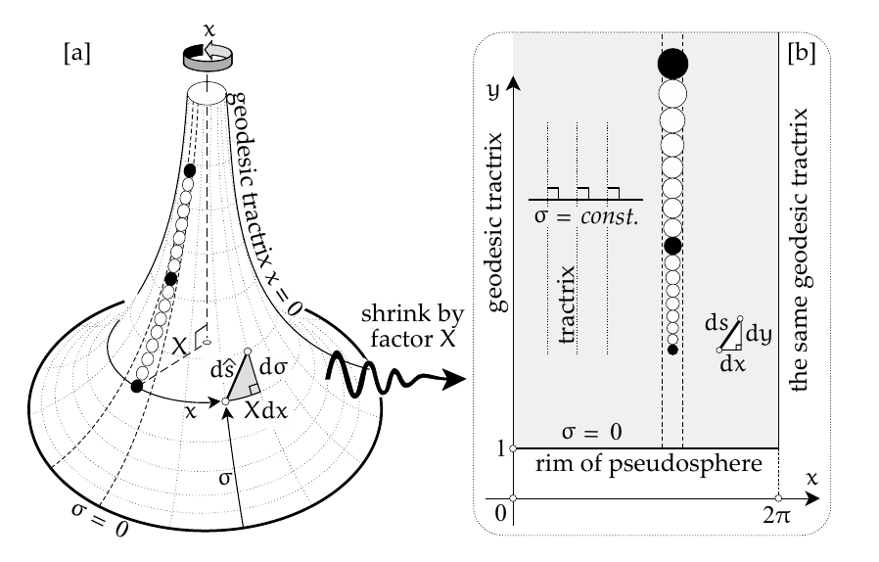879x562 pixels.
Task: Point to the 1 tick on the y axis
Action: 499,448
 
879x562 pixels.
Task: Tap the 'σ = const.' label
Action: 585,213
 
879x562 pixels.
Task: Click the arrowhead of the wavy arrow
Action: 453,382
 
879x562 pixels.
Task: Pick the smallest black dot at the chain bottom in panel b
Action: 672,349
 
